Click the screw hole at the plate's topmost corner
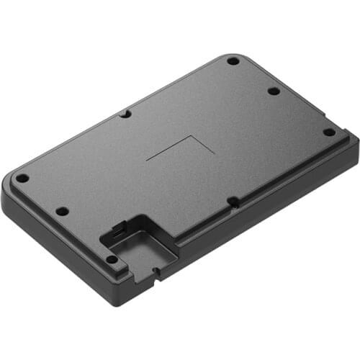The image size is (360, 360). [x=233, y=61]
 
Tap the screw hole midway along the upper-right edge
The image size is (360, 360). [x=274, y=91]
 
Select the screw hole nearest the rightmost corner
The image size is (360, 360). [x=328, y=132]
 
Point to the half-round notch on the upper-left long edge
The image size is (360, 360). [x=125, y=114]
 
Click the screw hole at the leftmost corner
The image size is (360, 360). [x=22, y=178]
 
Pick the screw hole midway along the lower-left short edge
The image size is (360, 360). [x=62, y=211]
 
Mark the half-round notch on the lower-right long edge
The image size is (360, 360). [x=233, y=202]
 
